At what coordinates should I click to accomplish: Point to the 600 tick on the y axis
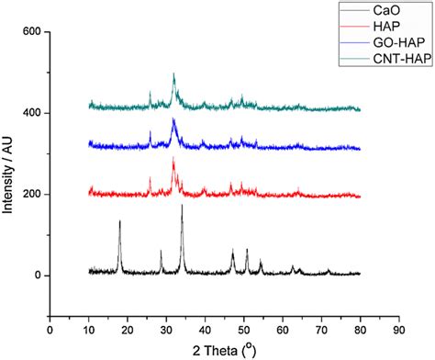(x=32, y=32)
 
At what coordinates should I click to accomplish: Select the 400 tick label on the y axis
(x=32, y=113)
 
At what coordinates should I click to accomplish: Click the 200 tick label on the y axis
(x=32, y=194)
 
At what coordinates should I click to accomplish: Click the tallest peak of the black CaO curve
(x=182, y=206)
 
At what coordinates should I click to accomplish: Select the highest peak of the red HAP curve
(x=173, y=159)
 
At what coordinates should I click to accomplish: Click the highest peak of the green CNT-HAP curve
(x=173, y=73)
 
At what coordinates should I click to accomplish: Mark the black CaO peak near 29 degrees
(x=162, y=251)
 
